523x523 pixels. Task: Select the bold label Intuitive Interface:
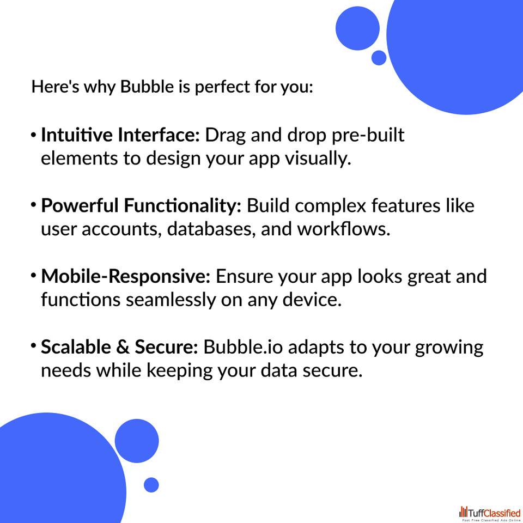[x=120, y=135]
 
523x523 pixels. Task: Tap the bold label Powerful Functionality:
[x=141, y=205]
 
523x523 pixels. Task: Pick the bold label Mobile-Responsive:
[x=126, y=276]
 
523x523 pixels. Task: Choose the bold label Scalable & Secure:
[x=120, y=347]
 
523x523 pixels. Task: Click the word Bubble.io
[x=243, y=347]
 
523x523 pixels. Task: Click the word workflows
[x=344, y=229]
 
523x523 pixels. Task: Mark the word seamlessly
[x=171, y=300]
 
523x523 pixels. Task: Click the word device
[x=312, y=300]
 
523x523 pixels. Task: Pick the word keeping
[x=179, y=371]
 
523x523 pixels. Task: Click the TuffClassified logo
[x=490, y=513]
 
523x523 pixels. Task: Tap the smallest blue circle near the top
[x=379, y=58]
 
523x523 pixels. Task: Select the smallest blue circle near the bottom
[x=151, y=485]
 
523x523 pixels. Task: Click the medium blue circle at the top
[x=357, y=28]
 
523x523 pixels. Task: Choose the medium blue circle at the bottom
[x=137, y=441]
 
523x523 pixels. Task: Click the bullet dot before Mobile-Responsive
[x=33, y=276]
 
